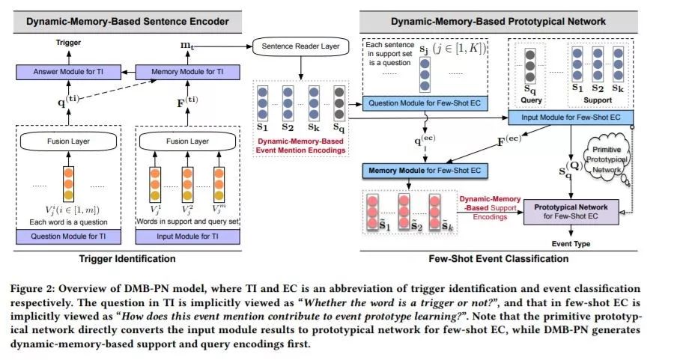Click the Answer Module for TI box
click(68, 72)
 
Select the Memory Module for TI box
click(187, 72)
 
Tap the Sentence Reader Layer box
click(300, 46)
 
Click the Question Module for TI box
click(68, 237)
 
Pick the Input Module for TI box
click(187, 237)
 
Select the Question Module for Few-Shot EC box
click(425, 103)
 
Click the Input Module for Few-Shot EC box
click(571, 117)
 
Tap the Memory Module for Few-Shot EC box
click(425, 171)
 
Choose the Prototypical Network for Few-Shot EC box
click(571, 212)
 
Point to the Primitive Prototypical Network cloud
click(606, 159)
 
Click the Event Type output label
click(571, 244)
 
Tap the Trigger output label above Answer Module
click(68, 43)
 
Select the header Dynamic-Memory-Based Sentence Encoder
click(127, 22)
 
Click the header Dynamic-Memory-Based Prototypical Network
click(498, 22)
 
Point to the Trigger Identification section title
click(127, 258)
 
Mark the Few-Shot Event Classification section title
click(498, 258)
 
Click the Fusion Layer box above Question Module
click(68, 141)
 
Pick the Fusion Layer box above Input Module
click(187, 141)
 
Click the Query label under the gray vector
click(531, 100)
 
